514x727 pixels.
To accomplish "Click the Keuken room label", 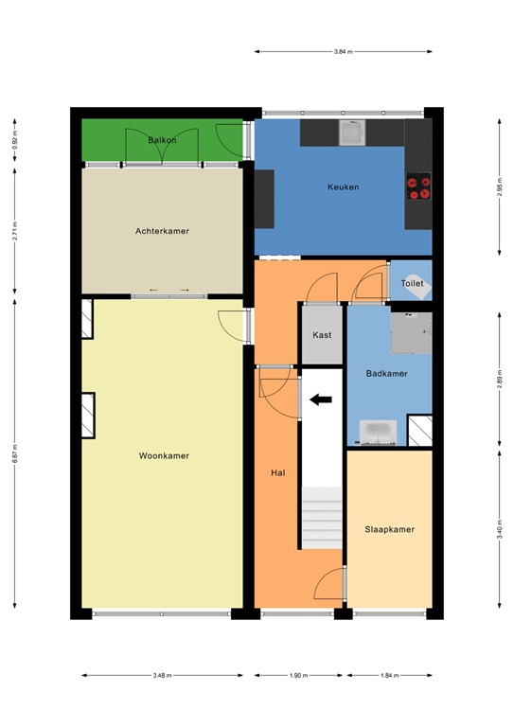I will (343, 187).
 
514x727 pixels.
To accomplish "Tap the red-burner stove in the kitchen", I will (418, 186).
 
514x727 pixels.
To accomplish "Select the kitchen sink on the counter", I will (353, 133).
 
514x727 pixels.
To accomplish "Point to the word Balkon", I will (162, 140).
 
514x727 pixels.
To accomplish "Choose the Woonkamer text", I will (164, 455).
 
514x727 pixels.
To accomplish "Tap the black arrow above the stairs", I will (322, 400).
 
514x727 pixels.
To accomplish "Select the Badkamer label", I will (386, 374).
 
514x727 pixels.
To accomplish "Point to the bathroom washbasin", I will (380, 433).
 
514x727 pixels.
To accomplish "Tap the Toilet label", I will (412, 283).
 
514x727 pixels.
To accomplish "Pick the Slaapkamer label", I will (389, 529).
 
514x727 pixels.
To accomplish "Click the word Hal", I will (278, 470).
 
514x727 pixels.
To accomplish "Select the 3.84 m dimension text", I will (343, 51).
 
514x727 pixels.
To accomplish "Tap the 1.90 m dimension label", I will (298, 676).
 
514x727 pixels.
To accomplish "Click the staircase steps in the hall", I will (322, 518).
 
